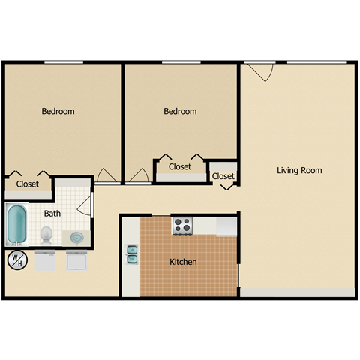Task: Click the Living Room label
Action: (x=299, y=171)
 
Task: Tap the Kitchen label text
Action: (x=183, y=262)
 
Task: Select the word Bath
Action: (x=52, y=214)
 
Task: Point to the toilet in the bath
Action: (x=46, y=235)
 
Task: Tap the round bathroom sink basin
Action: (x=76, y=238)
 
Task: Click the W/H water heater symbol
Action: (x=16, y=260)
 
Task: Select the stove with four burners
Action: (x=182, y=225)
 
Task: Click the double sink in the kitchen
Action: (x=132, y=253)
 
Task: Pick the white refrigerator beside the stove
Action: (x=226, y=226)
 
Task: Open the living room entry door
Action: (x=260, y=73)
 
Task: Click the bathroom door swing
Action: (x=85, y=205)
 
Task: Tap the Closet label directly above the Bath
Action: (x=28, y=184)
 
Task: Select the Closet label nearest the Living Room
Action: (x=223, y=177)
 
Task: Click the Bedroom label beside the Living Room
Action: (x=180, y=112)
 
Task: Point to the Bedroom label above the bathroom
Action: (x=58, y=112)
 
